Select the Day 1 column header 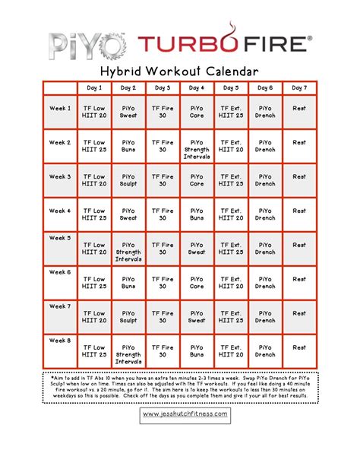coord(94,88)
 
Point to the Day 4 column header coord(197,88)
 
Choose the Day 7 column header coord(299,88)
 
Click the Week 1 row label coord(60,108)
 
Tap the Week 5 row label coord(60,237)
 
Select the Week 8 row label coord(60,340)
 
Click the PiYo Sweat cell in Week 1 coord(128,112)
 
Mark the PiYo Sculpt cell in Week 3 coord(128,180)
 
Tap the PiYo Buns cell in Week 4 coord(197,214)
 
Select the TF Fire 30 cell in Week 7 coord(163,317)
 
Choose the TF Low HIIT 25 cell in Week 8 coord(94,351)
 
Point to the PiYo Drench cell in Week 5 coord(265,249)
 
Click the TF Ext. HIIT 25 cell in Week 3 coord(231,180)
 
